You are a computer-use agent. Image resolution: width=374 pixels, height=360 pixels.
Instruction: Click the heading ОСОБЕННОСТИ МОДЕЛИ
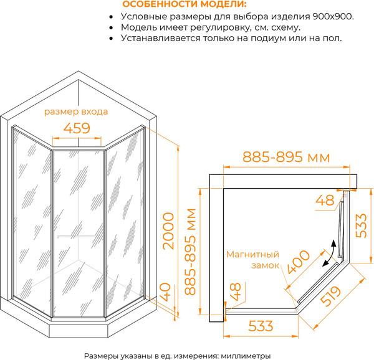176,4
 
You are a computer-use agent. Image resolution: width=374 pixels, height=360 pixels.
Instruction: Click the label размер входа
77,112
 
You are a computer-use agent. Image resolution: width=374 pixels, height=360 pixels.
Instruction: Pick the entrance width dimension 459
78,128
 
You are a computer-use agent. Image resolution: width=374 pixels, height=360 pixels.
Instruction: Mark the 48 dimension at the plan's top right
325,200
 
